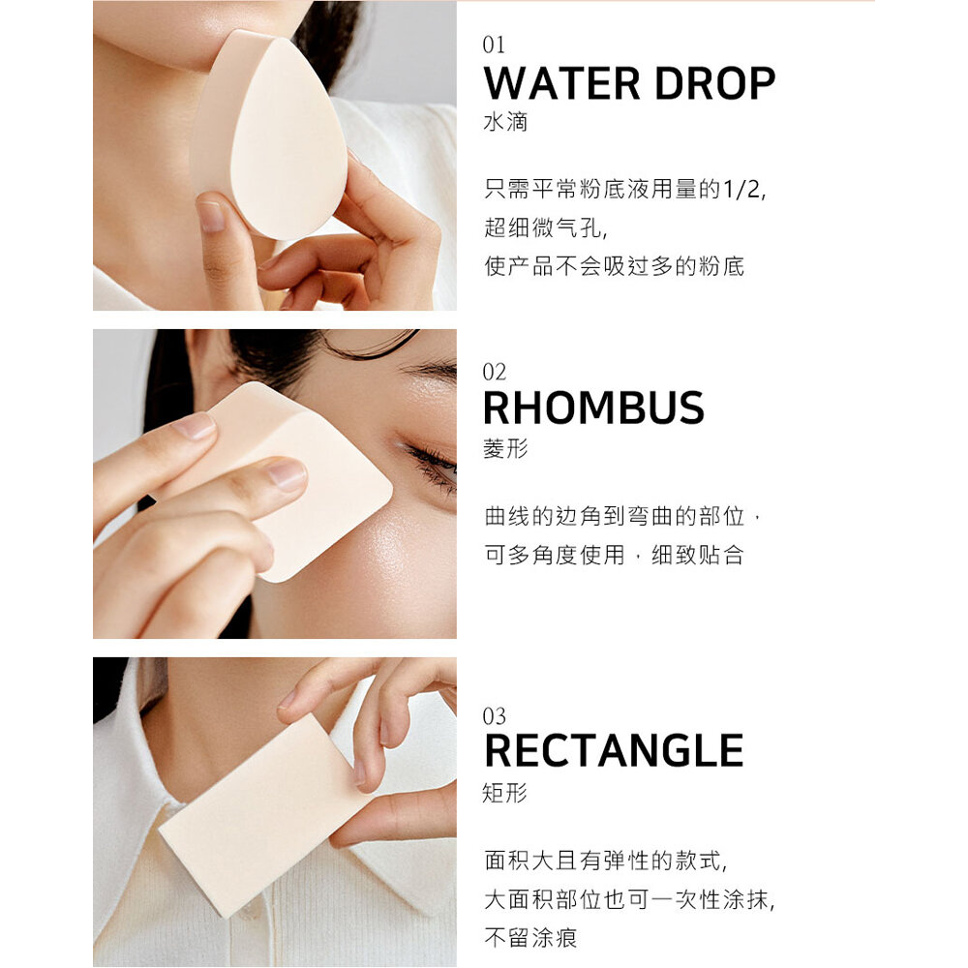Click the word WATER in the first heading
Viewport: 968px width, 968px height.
coord(561,83)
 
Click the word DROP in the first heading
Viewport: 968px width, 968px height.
coord(715,83)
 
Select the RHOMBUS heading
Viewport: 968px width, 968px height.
coord(593,408)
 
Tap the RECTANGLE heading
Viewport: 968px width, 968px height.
coord(614,751)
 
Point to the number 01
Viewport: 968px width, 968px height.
coord(494,45)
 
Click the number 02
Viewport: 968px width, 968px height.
coord(494,372)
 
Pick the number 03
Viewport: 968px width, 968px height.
coord(494,716)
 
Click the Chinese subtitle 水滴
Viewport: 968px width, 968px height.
coord(505,122)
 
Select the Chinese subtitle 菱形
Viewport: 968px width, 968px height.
coord(505,449)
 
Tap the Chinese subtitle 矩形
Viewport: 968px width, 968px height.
coord(504,793)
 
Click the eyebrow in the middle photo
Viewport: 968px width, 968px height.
coord(429,369)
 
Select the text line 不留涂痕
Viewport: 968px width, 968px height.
coord(530,938)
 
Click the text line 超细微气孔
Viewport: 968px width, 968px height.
coord(545,227)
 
